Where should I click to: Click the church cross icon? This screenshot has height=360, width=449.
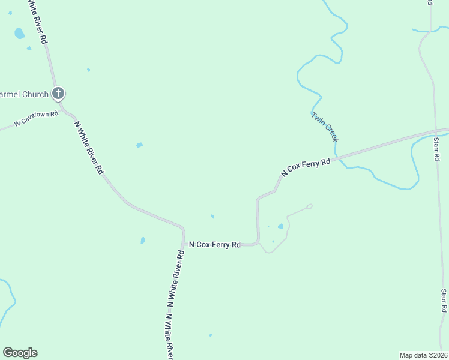click(58, 93)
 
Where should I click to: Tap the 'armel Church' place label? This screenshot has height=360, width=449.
click(24, 94)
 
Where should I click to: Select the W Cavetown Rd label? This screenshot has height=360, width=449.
click(36, 118)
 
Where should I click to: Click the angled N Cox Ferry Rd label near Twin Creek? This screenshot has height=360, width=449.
click(306, 167)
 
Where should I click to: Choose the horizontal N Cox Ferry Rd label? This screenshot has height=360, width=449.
click(215, 244)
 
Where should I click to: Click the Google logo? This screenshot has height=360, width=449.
click(20, 353)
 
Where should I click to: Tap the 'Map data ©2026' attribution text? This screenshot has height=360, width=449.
click(423, 355)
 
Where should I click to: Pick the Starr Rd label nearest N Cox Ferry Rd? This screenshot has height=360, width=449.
click(436, 149)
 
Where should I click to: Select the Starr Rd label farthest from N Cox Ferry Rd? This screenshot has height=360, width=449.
click(444, 301)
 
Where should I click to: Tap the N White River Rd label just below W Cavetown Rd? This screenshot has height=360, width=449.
click(89, 148)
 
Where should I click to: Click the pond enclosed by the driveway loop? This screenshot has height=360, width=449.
click(280, 226)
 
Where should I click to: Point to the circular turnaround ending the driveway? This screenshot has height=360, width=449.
click(310, 206)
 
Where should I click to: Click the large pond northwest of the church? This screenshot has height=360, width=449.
click(20, 34)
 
